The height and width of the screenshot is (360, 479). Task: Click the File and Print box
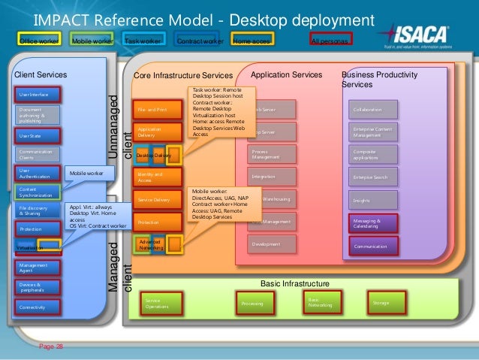157,110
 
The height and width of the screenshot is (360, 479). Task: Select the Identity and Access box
157,177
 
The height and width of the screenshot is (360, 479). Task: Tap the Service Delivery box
157,200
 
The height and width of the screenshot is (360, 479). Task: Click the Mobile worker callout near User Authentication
88,174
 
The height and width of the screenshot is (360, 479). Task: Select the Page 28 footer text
52,346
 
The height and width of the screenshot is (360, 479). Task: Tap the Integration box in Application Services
270,176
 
